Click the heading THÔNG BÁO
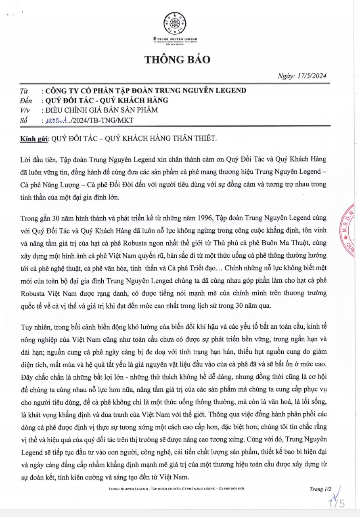pos(178,59)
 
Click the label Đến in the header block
pos(25,100)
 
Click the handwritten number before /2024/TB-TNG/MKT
pos(59,120)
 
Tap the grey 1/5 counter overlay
pos(337,504)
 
